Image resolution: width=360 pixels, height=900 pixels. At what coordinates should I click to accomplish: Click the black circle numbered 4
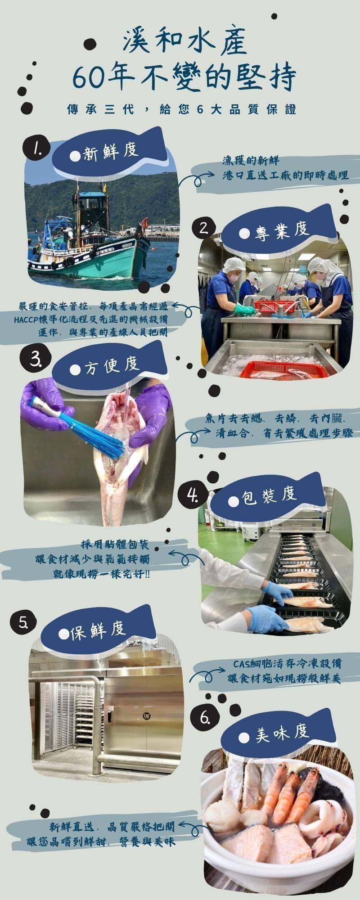pos(193,495)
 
